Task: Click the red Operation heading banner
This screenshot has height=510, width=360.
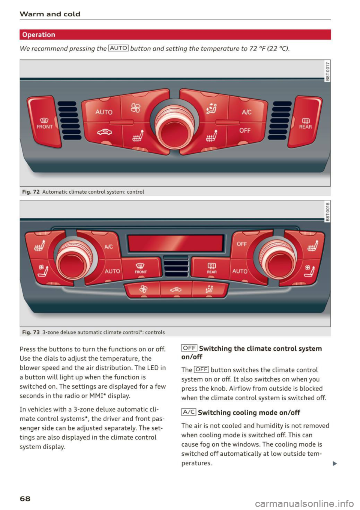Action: pos(175,35)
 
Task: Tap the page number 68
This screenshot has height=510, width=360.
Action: pos(25,498)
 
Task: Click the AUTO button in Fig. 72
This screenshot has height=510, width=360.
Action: pos(103,112)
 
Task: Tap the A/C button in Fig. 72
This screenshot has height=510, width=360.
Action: pos(246,112)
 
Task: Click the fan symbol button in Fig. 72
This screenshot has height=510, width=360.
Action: pos(135,108)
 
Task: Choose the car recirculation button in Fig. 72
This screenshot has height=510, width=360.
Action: pos(104,132)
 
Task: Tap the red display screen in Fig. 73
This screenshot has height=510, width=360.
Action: pos(175,243)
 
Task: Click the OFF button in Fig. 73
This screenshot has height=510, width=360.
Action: pos(242,244)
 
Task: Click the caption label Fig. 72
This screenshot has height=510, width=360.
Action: pos(31,192)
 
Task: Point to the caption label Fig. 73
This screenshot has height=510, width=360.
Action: pos(31,332)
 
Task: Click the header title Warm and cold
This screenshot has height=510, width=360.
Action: pos(50,14)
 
